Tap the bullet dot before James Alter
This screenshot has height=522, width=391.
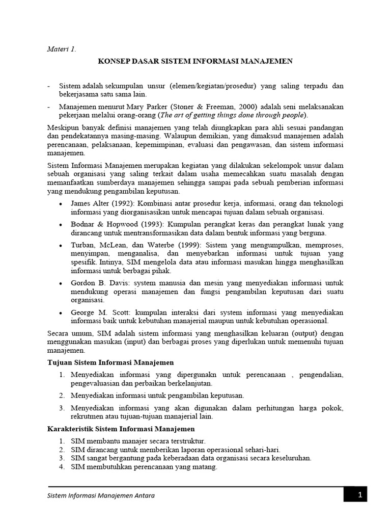point(61,204)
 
